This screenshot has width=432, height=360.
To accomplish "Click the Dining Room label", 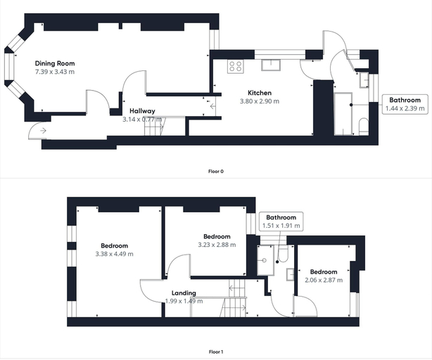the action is [55, 63].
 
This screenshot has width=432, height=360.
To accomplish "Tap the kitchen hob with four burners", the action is [236, 66].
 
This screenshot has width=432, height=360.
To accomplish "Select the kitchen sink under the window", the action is [271, 65].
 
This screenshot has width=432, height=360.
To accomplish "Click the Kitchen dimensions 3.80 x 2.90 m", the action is [260, 101].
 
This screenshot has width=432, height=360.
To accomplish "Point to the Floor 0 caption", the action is [216, 172].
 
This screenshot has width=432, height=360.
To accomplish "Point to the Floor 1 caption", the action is [216, 352].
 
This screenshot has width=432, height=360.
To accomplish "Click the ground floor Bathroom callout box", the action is [405, 104].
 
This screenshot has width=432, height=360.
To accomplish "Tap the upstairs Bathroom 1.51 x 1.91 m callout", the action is [281, 221].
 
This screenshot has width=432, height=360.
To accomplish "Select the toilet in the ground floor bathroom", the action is [364, 127].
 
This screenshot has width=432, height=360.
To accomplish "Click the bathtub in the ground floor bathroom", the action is [343, 114].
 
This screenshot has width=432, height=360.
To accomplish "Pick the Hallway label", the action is [142, 111].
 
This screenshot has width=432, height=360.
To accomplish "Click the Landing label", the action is [184, 292].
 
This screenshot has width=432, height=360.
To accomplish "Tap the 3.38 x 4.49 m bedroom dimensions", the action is [115, 254].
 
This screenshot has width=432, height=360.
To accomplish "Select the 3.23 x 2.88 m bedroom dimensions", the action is [217, 245].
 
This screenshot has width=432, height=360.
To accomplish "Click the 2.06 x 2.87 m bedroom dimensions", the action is [324, 280].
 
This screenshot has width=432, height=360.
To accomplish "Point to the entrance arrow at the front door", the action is [43, 131].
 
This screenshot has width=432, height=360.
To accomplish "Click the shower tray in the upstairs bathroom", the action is [265, 260].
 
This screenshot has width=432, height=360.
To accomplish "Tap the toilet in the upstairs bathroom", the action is [283, 254].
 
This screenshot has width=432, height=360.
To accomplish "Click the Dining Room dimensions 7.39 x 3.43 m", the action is [55, 72].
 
